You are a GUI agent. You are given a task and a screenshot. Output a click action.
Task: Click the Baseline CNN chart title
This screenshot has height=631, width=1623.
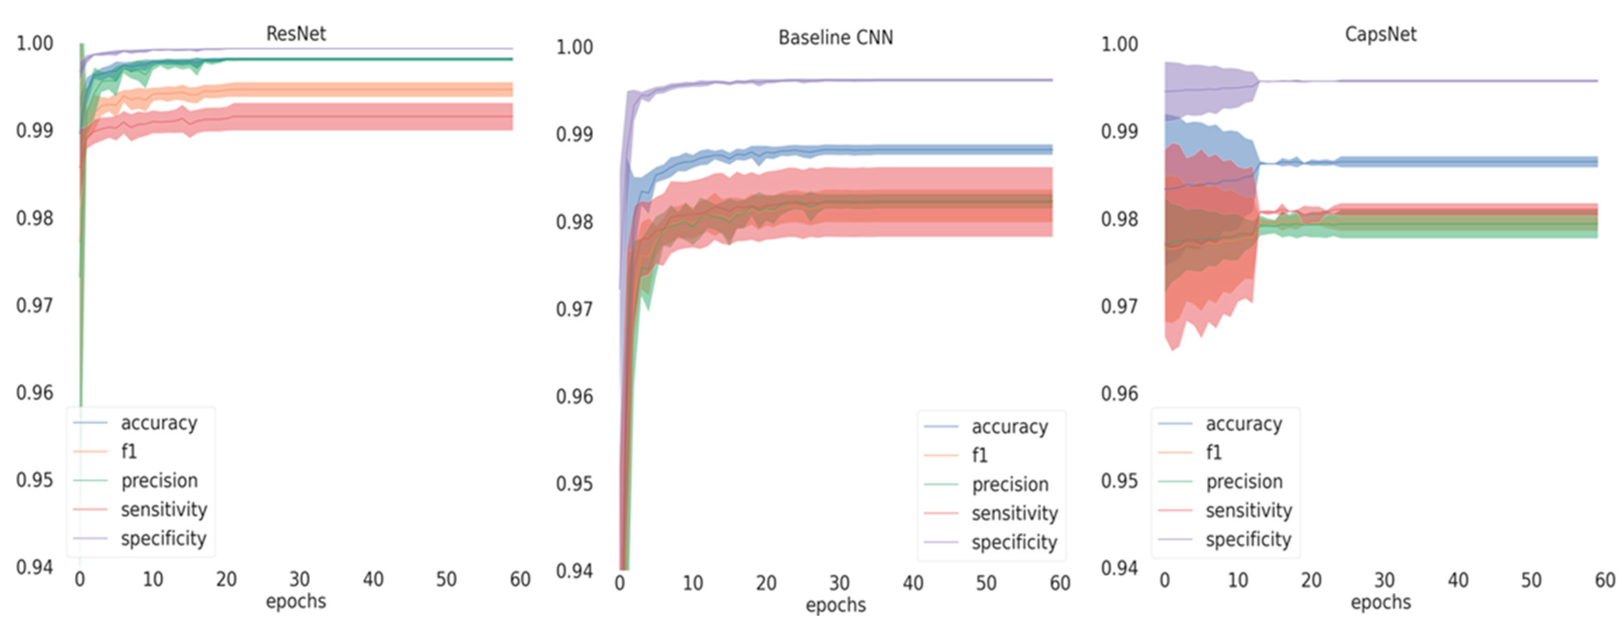coord(835,38)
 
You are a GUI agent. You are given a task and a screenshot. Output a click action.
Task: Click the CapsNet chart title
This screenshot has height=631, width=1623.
coord(1380,34)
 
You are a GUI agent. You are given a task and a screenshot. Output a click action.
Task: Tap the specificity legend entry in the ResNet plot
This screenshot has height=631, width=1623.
coord(163,538)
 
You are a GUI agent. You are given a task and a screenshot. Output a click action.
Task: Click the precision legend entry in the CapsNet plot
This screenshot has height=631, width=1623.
coord(1244,482)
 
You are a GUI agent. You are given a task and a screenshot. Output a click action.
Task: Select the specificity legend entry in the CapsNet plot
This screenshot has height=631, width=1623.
coord(1248,539)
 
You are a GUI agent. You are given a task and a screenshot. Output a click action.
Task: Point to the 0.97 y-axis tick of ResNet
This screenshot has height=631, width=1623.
coord(35,306)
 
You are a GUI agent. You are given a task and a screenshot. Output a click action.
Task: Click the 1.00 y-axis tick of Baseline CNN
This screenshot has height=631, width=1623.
coord(574,47)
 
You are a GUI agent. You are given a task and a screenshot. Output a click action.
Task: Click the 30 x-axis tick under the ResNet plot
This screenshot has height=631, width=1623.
coord(299,579)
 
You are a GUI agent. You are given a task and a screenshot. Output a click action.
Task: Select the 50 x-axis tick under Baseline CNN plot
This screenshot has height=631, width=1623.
coord(986,583)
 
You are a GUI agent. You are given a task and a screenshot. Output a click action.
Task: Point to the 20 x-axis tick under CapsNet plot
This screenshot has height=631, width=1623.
coord(1311,580)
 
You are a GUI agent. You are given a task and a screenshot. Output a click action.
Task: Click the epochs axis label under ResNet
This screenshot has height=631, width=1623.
coord(295,602)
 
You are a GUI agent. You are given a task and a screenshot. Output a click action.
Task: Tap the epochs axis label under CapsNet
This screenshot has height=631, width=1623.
coord(1380,602)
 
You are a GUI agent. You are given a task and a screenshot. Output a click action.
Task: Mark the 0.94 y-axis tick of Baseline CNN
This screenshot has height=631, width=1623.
coord(574,571)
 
